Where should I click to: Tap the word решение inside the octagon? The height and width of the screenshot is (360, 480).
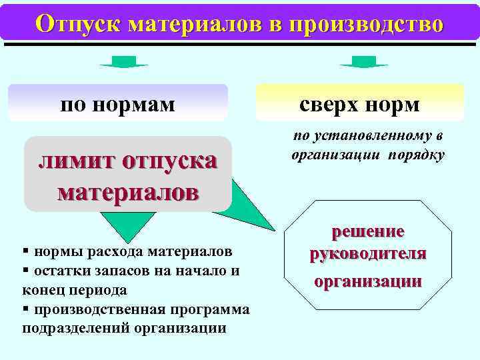368,231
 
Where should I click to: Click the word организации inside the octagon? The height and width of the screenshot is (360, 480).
368,281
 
